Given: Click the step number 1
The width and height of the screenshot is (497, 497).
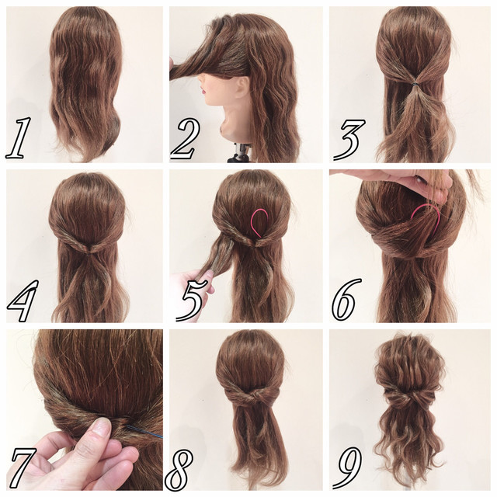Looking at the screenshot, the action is coord(19,138).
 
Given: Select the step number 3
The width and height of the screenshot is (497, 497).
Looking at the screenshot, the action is coord(349,140).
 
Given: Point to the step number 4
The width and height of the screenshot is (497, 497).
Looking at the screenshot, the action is coord(23,301).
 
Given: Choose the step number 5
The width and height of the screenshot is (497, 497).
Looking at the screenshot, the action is coord(191,300).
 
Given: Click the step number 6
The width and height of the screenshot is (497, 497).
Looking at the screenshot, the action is coord(346,299).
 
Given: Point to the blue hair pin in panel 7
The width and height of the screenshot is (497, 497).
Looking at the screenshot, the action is coord(144,432).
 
